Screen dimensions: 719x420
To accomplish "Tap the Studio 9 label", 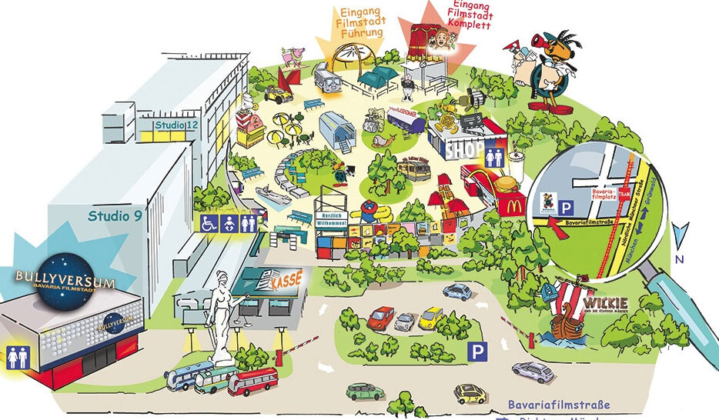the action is click(x=115, y=216).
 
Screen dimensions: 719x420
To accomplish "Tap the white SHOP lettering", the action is click(x=464, y=149).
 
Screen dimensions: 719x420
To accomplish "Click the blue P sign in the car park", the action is click(x=478, y=352).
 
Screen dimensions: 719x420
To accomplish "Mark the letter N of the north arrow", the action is click(x=679, y=260).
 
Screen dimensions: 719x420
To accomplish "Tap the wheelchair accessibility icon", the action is click(x=208, y=223).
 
